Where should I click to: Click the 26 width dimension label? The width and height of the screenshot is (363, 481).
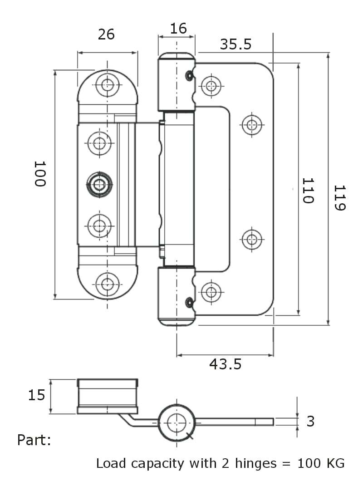[106, 34]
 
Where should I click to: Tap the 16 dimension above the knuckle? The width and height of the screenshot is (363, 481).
[178, 29]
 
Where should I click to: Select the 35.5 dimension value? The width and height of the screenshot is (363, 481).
[235, 44]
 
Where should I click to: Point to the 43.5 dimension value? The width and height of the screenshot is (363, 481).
[226, 364]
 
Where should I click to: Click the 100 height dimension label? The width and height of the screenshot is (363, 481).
[40, 174]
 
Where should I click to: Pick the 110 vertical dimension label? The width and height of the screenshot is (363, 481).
[308, 191]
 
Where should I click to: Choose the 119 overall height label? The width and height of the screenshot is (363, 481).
[340, 197]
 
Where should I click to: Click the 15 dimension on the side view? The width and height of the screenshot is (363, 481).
[36, 395]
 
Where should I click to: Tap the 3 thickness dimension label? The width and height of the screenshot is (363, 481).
[310, 421]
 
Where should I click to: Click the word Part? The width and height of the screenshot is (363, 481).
[34, 440]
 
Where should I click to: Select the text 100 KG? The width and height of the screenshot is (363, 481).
[321, 463]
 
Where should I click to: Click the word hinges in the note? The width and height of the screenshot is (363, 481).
[255, 464]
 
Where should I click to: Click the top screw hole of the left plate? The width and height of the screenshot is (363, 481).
[108, 85]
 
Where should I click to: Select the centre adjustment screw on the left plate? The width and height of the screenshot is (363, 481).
[99, 184]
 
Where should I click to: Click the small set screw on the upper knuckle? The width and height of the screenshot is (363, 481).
[190, 75]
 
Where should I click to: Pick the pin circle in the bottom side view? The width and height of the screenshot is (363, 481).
[177, 423]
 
